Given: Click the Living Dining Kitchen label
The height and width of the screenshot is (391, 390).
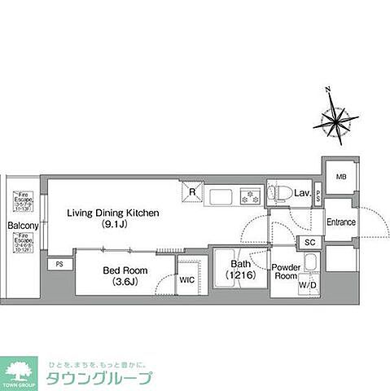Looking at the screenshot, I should coord(114,213).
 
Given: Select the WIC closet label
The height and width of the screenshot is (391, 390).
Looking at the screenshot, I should coord(186,279).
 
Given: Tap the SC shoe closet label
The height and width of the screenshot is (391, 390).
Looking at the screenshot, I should coord(309,242).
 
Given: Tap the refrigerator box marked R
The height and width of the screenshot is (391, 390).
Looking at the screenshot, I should coord(191,193).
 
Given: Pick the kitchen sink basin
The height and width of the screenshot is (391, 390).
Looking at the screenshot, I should coord(221,195).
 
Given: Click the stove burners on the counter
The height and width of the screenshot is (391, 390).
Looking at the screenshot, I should coord(249,195).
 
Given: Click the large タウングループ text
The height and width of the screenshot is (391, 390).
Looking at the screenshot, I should coord(99,377).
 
